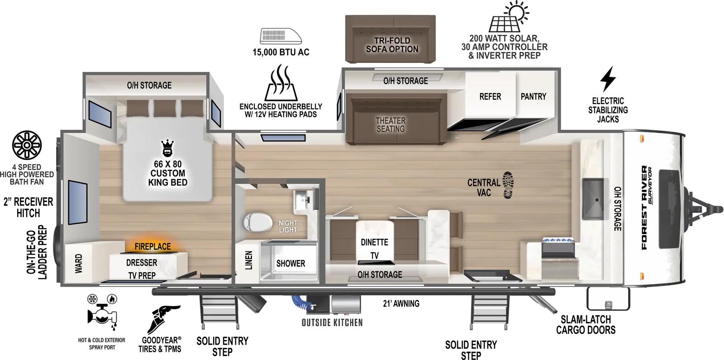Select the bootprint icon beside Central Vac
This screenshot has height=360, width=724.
pyautogui.click(x=509, y=185)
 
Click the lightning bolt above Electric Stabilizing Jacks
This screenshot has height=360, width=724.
pyautogui.click(x=607, y=79)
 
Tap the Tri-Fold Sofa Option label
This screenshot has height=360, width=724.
pyautogui.click(x=392, y=44)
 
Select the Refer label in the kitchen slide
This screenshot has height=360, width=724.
pyautogui.click(x=490, y=96)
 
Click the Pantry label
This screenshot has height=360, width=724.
pyautogui.click(x=533, y=96)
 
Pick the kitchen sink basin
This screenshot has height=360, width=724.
pyautogui.click(x=593, y=198)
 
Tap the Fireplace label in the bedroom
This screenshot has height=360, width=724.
pyautogui.click(x=152, y=246)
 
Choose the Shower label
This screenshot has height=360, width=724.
pyautogui.click(x=291, y=263)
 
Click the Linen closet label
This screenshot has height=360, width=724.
pyautogui.click(x=248, y=261)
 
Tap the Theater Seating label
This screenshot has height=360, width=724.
pyautogui.click(x=391, y=124)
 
